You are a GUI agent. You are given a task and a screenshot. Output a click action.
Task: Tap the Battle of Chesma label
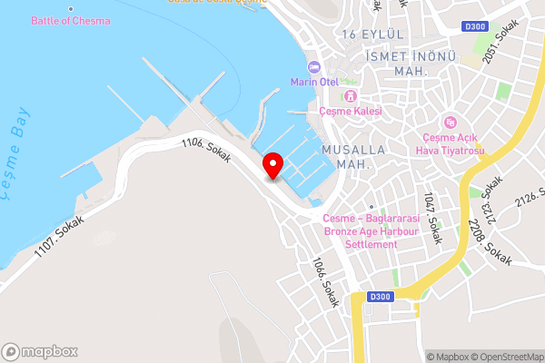point(71,21)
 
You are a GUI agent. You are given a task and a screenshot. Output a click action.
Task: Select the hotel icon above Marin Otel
point(314,67)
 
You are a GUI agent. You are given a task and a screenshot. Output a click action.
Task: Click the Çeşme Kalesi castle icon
point(351,97)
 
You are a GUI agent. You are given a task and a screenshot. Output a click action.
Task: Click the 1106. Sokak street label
point(205,150)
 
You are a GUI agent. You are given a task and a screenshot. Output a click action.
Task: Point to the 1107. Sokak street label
point(60,236)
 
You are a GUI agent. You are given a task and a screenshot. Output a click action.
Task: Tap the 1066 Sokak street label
point(325,281)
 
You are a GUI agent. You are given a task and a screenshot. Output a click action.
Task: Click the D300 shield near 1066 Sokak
point(381,296)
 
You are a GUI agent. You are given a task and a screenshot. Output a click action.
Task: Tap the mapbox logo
point(40,351)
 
